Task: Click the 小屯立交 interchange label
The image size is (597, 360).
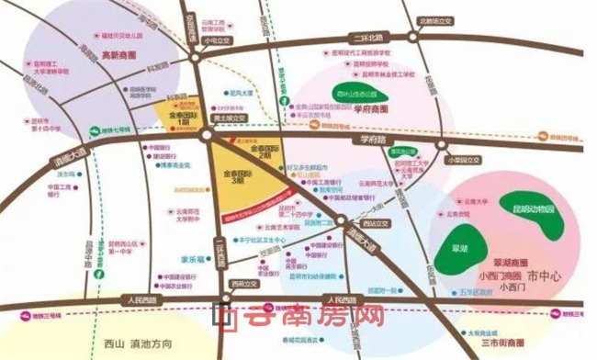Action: click(x=214, y=41)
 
